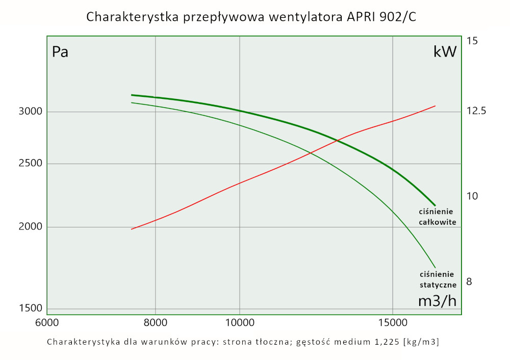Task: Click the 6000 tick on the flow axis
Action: pos(47,323)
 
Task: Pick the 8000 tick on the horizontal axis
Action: pos(155,323)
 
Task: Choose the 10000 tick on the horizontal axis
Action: pos(239,323)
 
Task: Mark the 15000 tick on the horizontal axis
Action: pos(392,323)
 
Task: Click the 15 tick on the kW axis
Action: pos(472,40)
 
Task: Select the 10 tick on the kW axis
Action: pos(472,196)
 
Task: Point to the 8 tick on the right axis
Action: pos(470,281)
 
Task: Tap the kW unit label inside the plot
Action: pos(444,52)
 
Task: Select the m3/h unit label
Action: pos(437,301)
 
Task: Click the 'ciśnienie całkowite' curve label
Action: pos(437,217)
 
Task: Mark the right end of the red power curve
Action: pos(435,106)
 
